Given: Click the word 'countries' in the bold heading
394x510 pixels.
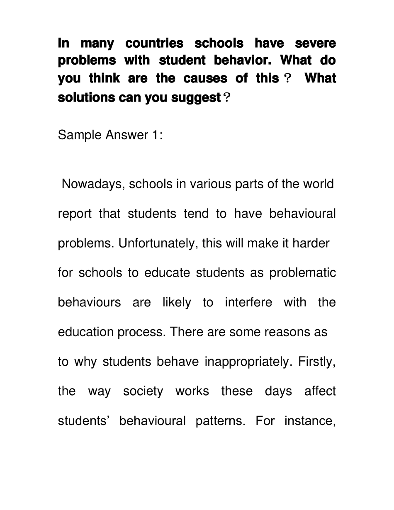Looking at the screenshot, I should point(154,43).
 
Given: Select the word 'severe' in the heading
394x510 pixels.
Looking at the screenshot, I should point(315,43).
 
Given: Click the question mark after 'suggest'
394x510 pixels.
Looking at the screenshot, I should point(226,98).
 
